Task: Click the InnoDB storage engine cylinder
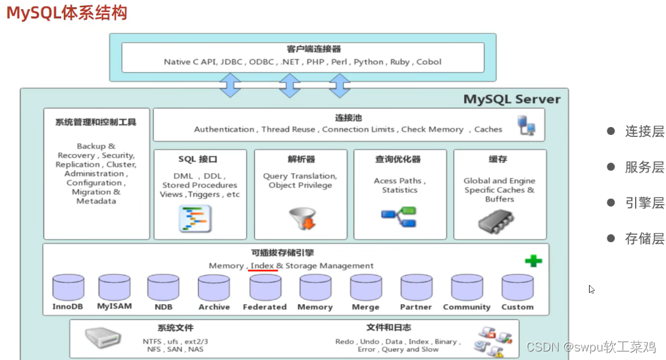(68, 288)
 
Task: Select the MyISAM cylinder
(115, 288)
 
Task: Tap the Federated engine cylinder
(265, 288)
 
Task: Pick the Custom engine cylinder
(517, 288)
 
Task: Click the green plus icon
(533, 261)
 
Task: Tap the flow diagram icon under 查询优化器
(399, 217)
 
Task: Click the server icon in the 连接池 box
(526, 125)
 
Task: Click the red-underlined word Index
(262, 266)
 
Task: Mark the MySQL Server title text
(512, 99)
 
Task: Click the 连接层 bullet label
(644, 132)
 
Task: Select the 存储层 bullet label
(644, 238)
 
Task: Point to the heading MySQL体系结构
(67, 13)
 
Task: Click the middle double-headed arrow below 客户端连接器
(290, 86)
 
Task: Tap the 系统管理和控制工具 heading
(96, 122)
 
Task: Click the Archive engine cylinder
(214, 288)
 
